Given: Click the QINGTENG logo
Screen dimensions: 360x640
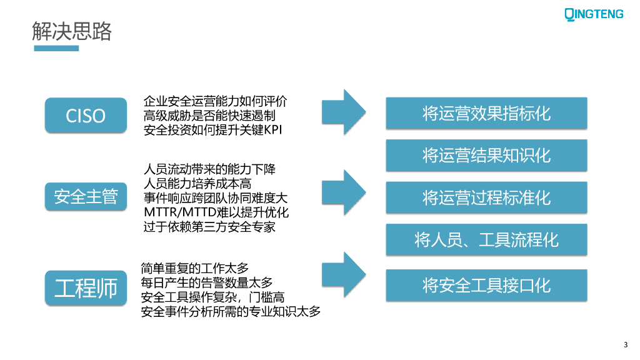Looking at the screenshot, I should click(594, 14).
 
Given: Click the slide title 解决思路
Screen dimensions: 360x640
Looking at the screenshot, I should click(72, 31).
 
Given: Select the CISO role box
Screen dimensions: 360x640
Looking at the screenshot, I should click(86, 116).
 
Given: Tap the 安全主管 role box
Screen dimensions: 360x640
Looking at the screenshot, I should click(86, 196).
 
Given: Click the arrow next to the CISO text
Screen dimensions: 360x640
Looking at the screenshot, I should click(343, 111).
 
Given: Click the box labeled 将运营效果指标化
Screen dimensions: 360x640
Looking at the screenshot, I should click(486, 114).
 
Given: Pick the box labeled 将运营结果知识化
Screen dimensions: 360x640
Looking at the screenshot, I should click(486, 155).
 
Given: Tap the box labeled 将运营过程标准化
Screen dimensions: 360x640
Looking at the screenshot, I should click(486, 197).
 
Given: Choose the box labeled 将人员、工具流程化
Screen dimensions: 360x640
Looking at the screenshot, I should click(486, 239).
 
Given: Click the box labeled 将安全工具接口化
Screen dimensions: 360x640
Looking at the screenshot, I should click(486, 286).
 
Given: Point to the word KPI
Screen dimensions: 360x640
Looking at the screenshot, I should click(278, 131).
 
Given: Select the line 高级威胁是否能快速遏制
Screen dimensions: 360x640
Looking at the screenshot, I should click(209, 116).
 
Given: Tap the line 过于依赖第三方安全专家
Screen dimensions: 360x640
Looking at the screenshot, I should click(209, 227).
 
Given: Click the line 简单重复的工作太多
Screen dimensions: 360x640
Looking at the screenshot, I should click(195, 269).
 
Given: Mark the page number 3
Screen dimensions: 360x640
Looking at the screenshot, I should click(626, 344).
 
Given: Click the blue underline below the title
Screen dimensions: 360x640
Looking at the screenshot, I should click(56, 48).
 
